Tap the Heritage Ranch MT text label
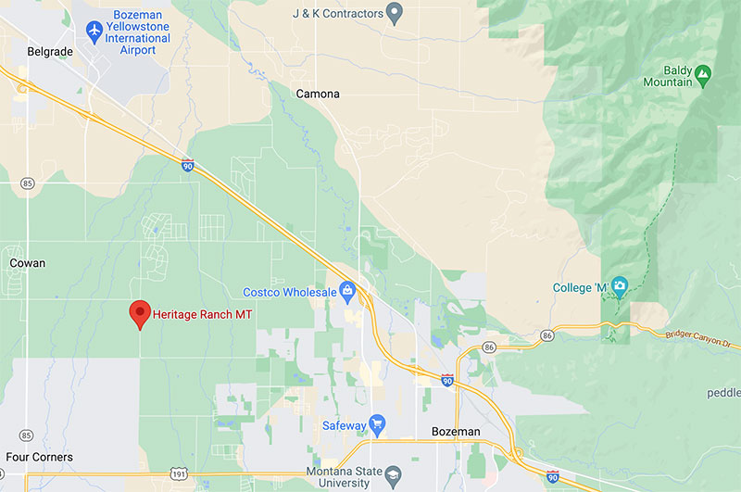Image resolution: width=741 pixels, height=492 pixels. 203,315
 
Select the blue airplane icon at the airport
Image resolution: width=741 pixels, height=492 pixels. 94,31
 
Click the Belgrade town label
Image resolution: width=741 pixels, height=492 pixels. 50,52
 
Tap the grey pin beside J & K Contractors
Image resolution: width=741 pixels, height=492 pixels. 395,14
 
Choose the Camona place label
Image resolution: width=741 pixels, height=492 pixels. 318,94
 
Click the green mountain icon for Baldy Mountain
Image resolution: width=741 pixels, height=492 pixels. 703,71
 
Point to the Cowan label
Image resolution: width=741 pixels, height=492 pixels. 27,263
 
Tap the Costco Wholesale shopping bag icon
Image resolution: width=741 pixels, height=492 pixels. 347,293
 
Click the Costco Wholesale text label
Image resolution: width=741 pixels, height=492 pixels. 290,293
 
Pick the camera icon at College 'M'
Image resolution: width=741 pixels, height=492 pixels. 620,285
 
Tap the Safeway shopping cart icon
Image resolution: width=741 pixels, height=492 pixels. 377,425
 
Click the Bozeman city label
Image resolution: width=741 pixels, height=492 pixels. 456,432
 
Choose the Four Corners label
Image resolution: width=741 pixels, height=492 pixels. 39,457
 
